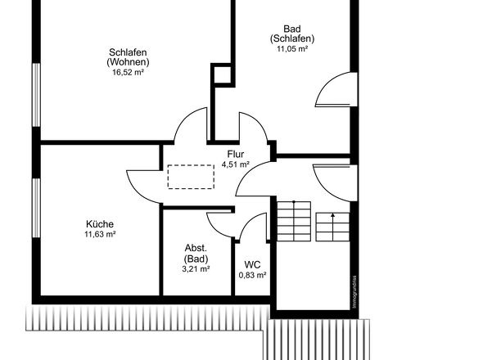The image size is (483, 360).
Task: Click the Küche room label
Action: pos(100,224)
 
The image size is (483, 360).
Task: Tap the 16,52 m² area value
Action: pos(129,72)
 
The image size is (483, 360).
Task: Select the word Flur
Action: pos(236,154)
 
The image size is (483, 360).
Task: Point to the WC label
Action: pos(252,264)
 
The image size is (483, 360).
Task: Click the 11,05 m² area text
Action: pos(292,48)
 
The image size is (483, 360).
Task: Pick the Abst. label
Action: pos(196,248)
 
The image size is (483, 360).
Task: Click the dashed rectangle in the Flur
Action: pos(191,177)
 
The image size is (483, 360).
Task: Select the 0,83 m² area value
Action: pos(253,275)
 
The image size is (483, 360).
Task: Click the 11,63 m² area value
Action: pos(100,234)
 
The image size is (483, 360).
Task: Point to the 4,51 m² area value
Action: pos(236,164)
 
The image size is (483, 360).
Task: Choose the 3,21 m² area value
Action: pos(196,269)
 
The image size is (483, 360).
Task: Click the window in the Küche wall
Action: pos(36,208)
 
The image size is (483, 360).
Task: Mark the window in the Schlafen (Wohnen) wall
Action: pos(36,95)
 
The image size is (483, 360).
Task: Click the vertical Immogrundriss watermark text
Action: pos(354,291)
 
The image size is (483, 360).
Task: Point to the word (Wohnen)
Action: pos(129,62)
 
